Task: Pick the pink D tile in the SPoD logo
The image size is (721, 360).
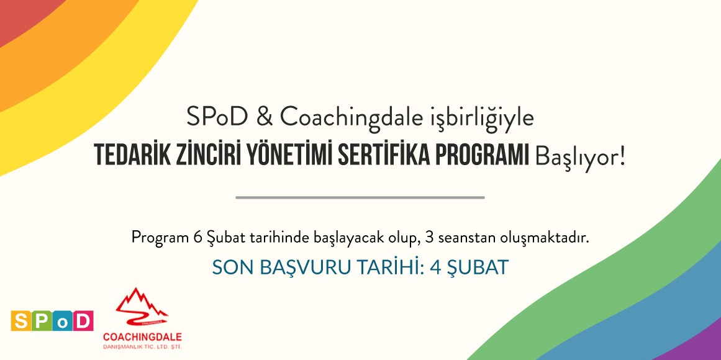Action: (x=83, y=320)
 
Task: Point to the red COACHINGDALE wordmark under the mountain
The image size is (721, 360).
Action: (x=142, y=336)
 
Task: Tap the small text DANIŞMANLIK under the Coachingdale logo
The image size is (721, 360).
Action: (x=124, y=345)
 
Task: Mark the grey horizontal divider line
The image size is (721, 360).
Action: (x=360, y=197)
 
